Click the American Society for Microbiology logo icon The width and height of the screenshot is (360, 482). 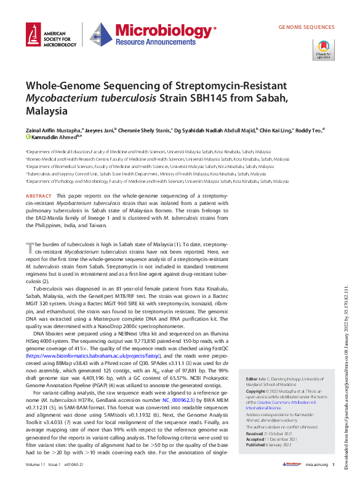34,37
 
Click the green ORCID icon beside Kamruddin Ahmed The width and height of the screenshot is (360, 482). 28,137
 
